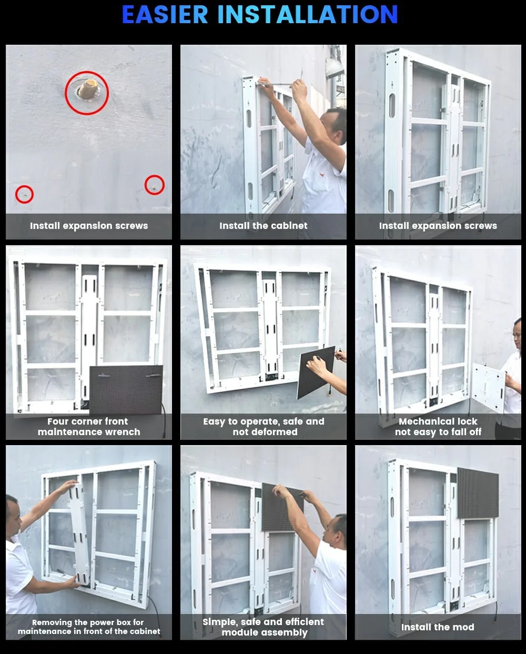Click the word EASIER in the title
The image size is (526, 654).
click(x=165, y=14)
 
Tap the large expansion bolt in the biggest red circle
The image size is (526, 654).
click(x=88, y=89)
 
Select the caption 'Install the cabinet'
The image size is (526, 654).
click(x=263, y=226)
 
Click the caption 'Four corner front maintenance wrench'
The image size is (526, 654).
click(x=89, y=427)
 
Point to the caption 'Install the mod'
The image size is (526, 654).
click(x=438, y=627)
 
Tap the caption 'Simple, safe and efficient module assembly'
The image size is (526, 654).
click(x=263, y=627)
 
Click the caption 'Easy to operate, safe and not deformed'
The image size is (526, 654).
click(x=264, y=427)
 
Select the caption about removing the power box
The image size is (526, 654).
click(x=89, y=627)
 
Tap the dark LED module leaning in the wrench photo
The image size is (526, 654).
click(x=126, y=390)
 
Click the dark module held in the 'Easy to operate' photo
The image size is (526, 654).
click(x=316, y=372)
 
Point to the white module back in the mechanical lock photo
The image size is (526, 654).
click(x=488, y=388)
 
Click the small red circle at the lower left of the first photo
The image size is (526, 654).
click(x=24, y=195)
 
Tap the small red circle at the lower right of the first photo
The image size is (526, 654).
click(x=154, y=185)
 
